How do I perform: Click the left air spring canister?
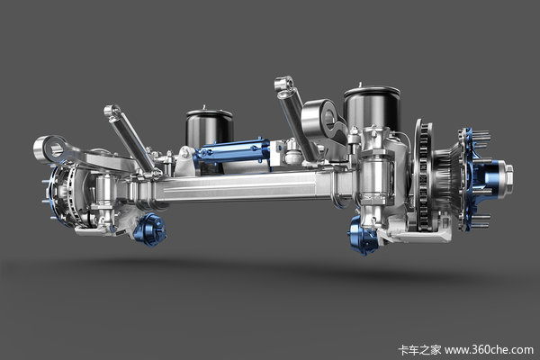(x=210, y=129)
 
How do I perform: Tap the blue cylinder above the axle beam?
(x=230, y=151)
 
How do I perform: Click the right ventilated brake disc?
(x=423, y=175)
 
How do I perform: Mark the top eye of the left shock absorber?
(x=112, y=112)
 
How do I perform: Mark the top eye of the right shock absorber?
(x=283, y=85)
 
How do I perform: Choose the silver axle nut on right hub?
(x=508, y=170)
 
